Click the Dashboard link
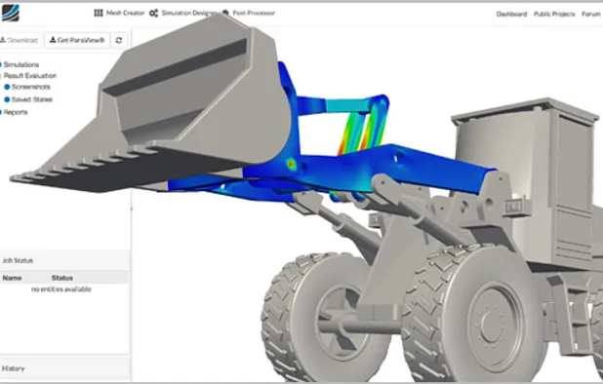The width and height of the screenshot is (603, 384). [511, 15]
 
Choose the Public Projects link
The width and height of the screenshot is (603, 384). [554, 15]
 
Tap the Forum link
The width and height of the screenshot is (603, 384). [591, 15]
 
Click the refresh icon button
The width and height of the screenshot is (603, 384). [119, 40]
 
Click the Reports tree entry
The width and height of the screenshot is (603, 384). [15, 112]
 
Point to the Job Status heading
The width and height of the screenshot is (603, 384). [20, 260]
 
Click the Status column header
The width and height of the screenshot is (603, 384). [61, 278]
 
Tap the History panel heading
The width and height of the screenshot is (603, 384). [14, 368]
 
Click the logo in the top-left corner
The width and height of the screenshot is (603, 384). [15, 13]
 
